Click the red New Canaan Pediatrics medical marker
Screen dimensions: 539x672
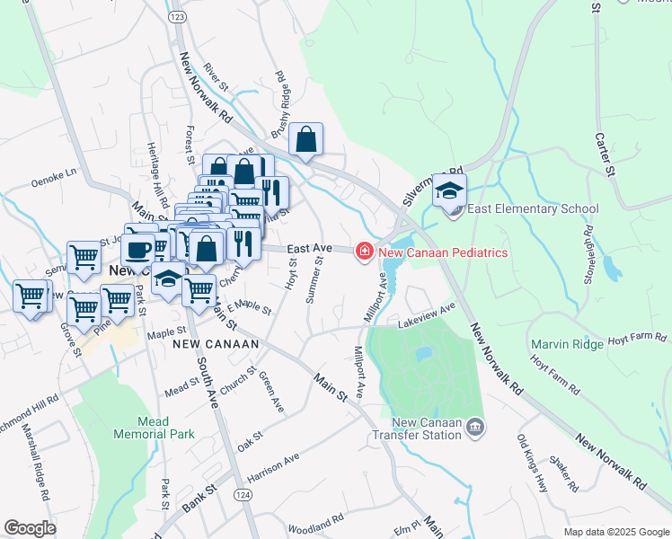(365, 252)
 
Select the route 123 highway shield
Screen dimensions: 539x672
(176, 17)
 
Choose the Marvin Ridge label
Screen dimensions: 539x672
(567, 344)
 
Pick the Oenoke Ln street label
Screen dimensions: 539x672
(55, 171)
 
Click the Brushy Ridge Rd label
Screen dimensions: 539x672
(280, 98)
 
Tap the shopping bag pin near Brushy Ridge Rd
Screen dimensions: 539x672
(306, 140)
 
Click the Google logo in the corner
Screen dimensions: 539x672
(30, 527)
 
